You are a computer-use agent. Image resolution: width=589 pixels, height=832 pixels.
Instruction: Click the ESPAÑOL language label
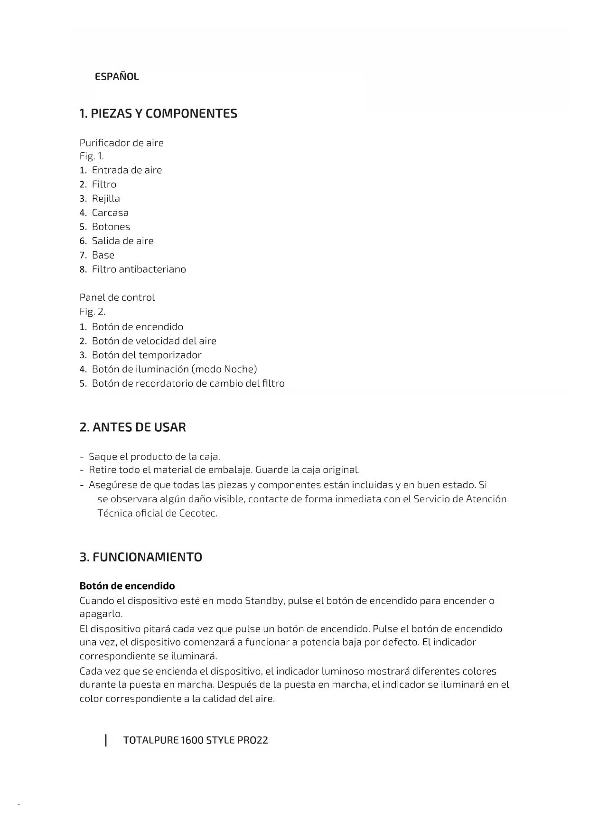(117, 77)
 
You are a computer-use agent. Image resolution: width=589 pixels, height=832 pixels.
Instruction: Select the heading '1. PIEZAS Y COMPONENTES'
(158, 114)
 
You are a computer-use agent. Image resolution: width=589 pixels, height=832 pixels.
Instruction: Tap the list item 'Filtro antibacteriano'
(139, 269)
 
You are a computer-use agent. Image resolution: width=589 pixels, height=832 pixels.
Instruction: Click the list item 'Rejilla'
(106, 199)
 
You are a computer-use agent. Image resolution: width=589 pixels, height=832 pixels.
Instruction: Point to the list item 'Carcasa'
(110, 213)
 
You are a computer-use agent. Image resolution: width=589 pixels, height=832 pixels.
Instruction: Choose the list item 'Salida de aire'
(122, 241)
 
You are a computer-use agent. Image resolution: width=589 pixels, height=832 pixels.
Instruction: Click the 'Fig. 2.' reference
(93, 312)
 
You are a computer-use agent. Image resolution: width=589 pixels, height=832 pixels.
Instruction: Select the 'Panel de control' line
(117, 297)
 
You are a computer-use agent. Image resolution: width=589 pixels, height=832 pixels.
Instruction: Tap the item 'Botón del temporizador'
(147, 355)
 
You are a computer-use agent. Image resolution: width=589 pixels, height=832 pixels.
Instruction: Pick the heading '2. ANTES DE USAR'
(133, 427)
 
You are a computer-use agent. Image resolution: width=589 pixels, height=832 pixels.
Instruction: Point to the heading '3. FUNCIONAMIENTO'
(141, 557)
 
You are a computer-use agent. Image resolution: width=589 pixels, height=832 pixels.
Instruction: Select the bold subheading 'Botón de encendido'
(127, 586)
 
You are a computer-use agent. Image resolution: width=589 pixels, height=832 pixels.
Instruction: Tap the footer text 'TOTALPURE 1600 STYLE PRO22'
(196, 740)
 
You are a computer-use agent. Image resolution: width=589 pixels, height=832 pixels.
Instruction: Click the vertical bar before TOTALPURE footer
(106, 740)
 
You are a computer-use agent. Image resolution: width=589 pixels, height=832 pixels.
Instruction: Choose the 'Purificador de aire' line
(122, 143)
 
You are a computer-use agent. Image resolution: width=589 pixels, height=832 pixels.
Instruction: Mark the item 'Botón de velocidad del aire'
(154, 341)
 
